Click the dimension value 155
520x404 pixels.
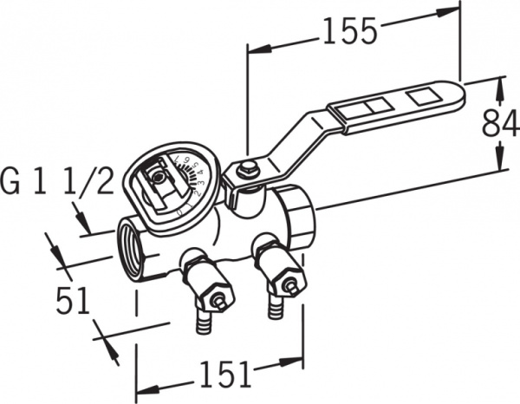(350, 31)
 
